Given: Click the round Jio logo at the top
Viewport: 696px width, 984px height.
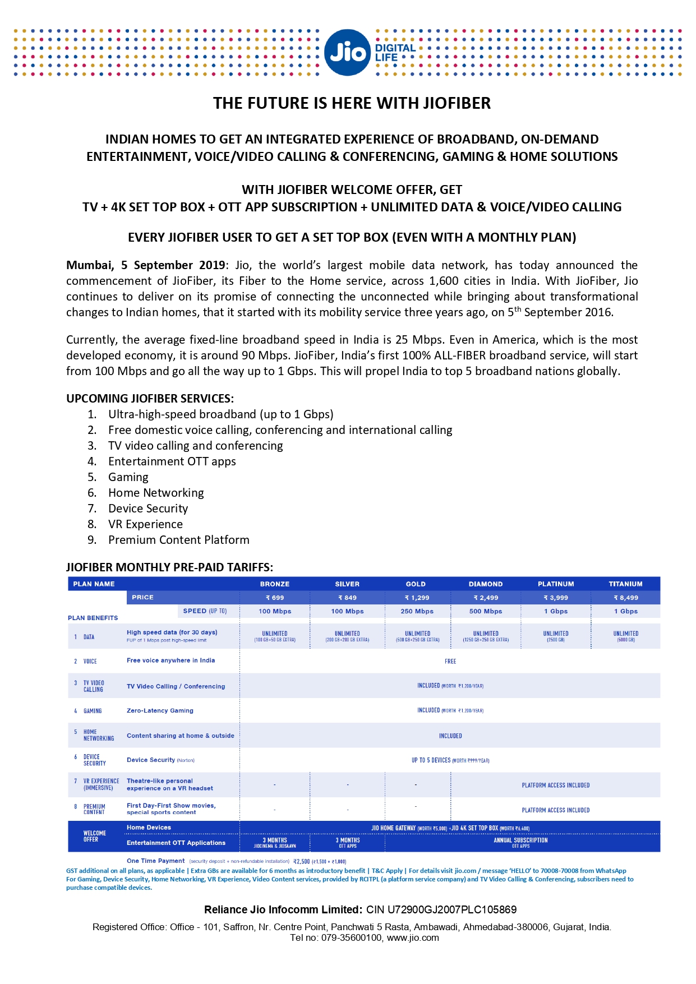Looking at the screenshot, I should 347,53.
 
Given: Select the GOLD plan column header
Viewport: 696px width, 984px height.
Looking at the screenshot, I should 416,584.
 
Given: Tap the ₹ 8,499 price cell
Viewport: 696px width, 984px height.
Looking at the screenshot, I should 625,598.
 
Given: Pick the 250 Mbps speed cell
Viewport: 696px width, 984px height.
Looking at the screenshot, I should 417,611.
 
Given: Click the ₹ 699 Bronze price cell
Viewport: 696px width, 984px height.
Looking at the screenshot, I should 275,598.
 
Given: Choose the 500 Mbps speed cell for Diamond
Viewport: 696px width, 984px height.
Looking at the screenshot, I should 486,611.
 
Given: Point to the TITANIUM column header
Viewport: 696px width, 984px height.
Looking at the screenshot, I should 625,584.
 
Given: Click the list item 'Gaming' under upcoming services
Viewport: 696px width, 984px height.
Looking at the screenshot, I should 128,477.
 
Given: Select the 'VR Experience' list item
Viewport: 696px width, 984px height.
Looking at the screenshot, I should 145,524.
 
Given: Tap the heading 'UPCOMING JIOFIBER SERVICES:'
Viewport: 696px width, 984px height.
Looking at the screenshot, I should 150,399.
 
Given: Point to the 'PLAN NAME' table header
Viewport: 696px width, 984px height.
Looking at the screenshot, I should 94,584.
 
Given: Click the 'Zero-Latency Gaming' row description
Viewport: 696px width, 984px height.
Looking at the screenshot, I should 160,710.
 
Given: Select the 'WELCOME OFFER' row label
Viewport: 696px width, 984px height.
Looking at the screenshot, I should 94,836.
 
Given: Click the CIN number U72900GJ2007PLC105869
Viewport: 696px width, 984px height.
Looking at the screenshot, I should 441,909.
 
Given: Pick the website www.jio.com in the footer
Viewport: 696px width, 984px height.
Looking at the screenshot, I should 413,937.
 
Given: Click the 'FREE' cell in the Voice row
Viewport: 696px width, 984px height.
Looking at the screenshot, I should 450,661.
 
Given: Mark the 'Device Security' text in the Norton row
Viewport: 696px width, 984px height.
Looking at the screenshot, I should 151,760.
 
